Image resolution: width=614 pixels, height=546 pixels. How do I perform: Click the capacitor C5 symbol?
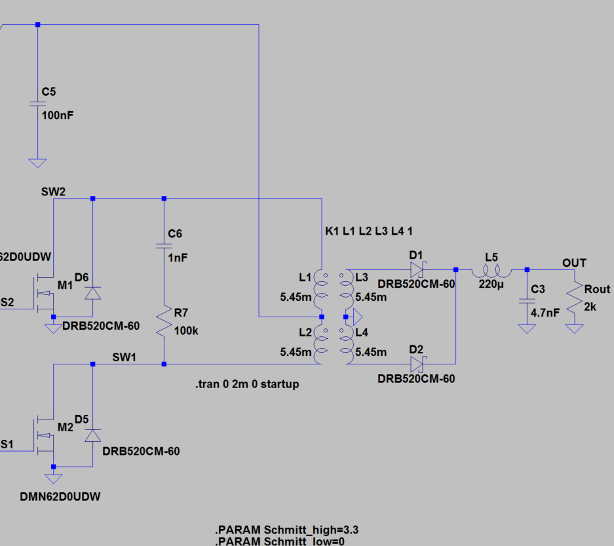pos(37,105)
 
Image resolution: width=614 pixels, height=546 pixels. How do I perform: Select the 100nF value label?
pos(58,115)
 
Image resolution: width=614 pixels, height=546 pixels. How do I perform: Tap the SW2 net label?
pos(53,191)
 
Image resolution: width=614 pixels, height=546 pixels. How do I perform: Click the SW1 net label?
pos(125,357)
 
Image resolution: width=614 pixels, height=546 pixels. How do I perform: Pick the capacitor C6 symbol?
pos(164,246)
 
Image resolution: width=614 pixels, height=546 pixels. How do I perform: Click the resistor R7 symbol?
pos(164,323)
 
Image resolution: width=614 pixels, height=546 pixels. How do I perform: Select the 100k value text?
pos(186,331)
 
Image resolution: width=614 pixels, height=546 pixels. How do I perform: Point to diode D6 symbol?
pos(92,293)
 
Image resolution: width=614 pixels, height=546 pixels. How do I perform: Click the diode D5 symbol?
pos(92,435)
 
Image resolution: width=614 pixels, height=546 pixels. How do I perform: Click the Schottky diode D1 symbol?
pos(417,269)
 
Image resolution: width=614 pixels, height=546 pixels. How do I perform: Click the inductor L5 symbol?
pos(491,269)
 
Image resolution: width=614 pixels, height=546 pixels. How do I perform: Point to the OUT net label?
pos(574,263)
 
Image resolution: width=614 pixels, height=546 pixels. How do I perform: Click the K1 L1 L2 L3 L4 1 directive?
pos(368,231)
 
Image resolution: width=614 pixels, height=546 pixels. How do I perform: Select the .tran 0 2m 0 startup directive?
pos(246,384)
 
